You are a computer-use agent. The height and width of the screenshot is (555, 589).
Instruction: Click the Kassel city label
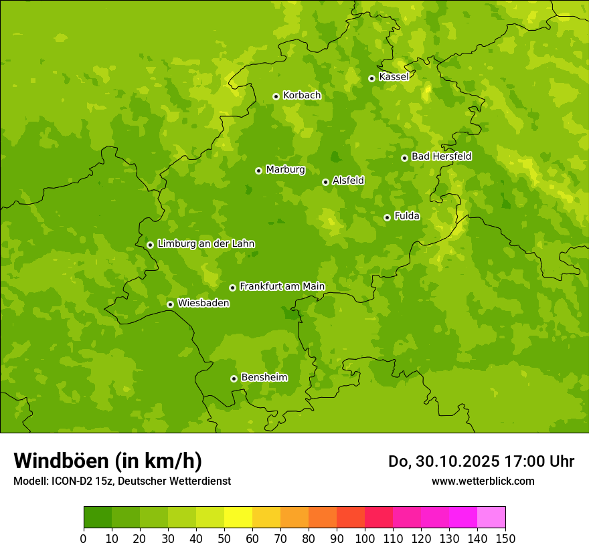394,77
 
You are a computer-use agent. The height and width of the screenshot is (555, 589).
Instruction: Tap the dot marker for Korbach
276,96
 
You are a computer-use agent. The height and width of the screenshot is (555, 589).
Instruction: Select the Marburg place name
285,170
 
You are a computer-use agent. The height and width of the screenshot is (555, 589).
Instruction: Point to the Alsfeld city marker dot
325,182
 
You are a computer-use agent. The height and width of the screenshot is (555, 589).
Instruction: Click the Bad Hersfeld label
441,156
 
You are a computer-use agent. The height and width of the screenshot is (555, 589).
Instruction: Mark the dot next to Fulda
387,217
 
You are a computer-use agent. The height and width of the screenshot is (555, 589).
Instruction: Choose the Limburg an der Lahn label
205,244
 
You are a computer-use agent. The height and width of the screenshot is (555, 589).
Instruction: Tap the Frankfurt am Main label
282,287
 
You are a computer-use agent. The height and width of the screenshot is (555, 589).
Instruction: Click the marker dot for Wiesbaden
170,304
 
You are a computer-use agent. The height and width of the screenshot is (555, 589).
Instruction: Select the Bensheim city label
264,378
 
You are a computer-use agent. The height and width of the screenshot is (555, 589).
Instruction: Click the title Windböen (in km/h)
108,461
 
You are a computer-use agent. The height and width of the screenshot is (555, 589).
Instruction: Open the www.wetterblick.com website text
483,481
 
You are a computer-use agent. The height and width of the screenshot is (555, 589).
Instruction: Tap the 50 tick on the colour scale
224,539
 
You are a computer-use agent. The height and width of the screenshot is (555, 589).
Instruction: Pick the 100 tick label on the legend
365,539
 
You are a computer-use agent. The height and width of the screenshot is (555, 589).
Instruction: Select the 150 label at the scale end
505,539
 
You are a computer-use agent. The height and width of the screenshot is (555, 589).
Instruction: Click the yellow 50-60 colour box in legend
238,518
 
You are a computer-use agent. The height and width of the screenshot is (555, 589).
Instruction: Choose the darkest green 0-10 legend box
98,518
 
